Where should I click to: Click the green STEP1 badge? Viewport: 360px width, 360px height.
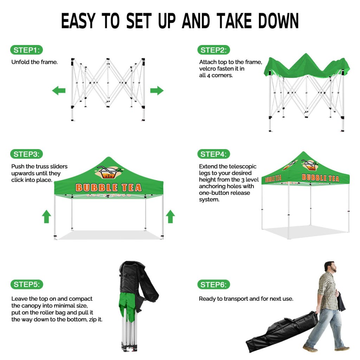pyautogui.click(x=26, y=50)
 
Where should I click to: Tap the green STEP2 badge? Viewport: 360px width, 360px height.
pyautogui.click(x=213, y=50)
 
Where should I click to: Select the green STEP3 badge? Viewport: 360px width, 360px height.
pyautogui.click(x=26, y=154)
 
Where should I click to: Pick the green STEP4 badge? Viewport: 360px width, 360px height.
pyautogui.click(x=213, y=154)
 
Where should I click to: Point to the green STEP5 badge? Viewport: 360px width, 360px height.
pyautogui.click(x=27, y=284)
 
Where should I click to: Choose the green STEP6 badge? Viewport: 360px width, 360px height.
pyautogui.click(x=213, y=285)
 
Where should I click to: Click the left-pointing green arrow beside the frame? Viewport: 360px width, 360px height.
pyautogui.click(x=59, y=90)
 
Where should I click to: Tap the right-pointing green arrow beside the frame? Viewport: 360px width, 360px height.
pyautogui.click(x=157, y=90)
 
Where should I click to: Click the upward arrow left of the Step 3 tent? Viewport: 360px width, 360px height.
pyautogui.click(x=46, y=216)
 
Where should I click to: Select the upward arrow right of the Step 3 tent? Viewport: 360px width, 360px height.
pyautogui.click(x=171, y=216)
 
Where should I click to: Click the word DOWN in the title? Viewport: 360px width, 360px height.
pyautogui.click(x=278, y=21)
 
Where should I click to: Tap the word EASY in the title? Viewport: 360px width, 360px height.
pyautogui.click(x=78, y=21)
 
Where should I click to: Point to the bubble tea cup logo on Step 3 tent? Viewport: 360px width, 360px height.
pyautogui.click(x=109, y=173)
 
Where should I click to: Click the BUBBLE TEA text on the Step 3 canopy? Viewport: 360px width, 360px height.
pyautogui.click(x=109, y=188)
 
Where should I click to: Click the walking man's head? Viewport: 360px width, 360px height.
pyautogui.click(x=330, y=267)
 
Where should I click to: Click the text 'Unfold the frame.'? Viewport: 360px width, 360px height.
pyautogui.click(x=34, y=62)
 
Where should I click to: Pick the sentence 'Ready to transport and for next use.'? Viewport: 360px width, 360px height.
pyautogui.click(x=246, y=299)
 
